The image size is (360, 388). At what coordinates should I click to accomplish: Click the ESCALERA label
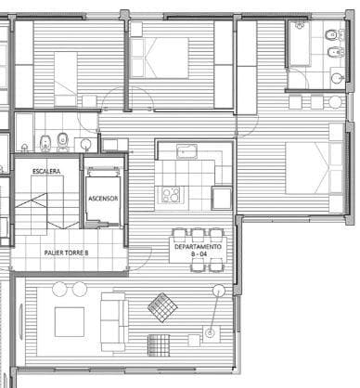pyautogui.click(x=46, y=173)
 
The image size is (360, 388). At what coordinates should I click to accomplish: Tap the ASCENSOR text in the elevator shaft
pyautogui.click(x=103, y=199)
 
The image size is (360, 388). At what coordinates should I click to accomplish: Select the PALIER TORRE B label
pyautogui.click(x=66, y=252)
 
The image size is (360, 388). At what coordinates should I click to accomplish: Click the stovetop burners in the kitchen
pyautogui.click(x=172, y=195)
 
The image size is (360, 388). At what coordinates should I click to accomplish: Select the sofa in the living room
pyautogui.click(x=113, y=320)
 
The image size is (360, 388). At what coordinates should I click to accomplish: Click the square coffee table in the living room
pyautogui.click(x=71, y=321)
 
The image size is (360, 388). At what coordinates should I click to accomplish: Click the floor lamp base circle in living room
pyautogui.click(x=211, y=331)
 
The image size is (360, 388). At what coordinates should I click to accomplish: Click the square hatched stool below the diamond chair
pyautogui.click(x=161, y=343)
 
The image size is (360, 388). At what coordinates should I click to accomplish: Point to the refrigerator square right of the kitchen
pyautogui.click(x=222, y=197)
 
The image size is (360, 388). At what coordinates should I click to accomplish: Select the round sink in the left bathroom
pyautogui.click(x=85, y=144)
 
